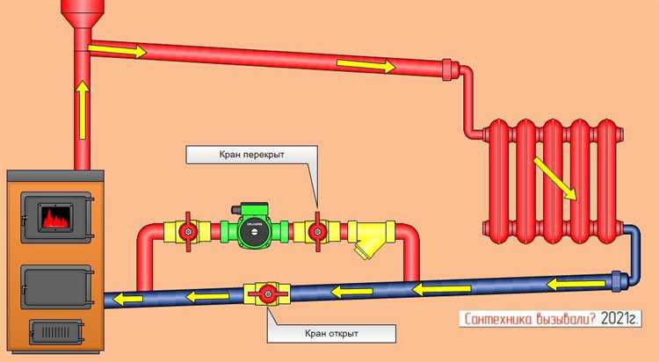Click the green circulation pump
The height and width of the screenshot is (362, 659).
[x=254, y=230]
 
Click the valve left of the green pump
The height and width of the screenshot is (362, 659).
[x=187, y=232]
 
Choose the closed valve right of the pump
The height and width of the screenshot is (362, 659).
[x=318, y=232]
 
